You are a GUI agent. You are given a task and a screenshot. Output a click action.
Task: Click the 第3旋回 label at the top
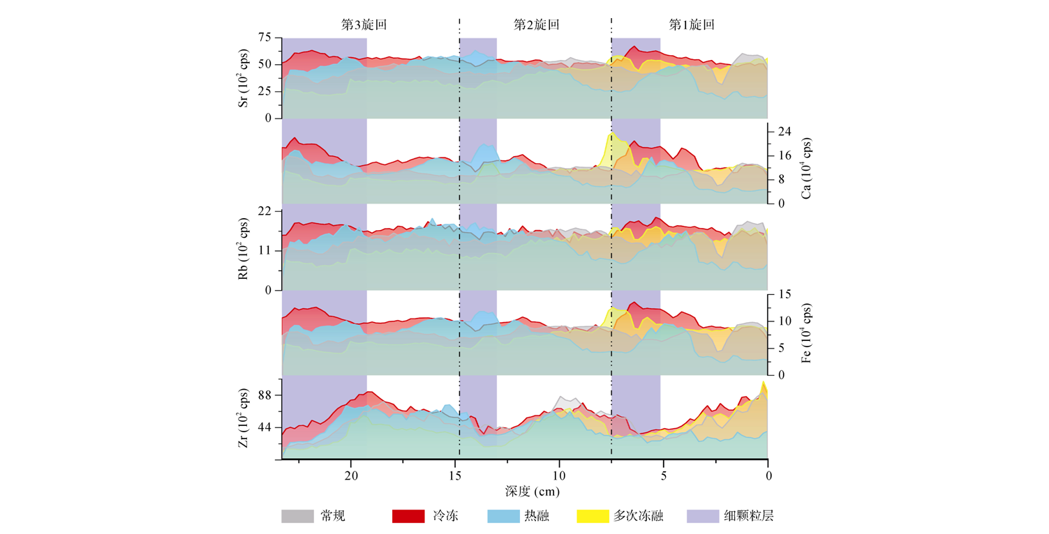(364, 24)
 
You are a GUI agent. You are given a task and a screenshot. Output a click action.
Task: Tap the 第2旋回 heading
(536, 24)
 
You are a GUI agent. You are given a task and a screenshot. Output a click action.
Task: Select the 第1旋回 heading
(692, 24)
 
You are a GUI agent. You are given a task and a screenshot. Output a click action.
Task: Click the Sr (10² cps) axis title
(244, 77)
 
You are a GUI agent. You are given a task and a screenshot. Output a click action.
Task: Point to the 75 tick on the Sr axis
(265, 38)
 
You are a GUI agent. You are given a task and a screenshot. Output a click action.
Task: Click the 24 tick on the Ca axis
(784, 131)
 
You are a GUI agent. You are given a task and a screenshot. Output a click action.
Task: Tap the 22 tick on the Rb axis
(265, 211)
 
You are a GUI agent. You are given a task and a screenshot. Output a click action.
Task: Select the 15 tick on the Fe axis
(784, 295)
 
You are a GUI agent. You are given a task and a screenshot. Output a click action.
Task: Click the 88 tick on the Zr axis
(265, 395)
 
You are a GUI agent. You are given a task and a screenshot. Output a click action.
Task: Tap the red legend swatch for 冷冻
(408, 517)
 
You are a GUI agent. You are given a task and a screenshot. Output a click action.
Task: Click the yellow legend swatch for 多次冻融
(593, 517)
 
